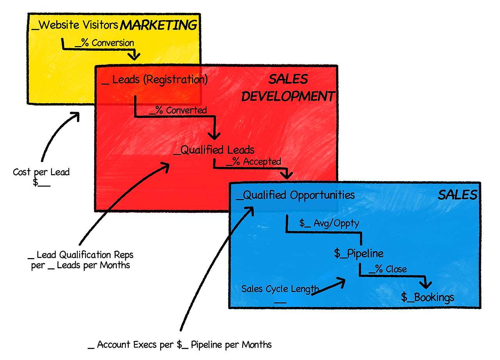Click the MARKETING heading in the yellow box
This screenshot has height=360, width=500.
158,26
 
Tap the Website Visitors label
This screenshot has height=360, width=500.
75,25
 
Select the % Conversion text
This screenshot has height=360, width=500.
104,43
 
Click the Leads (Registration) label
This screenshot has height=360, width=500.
155,80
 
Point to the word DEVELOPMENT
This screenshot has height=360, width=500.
288,96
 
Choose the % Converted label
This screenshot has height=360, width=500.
179,110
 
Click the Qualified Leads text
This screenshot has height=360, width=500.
214,150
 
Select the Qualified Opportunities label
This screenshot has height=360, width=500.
295,195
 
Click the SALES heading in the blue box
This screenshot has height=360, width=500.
457,195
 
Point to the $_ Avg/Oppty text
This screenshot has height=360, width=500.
329,223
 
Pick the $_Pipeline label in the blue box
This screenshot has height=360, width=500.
359,253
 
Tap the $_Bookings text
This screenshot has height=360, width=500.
428,298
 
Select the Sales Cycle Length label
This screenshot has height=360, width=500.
280,289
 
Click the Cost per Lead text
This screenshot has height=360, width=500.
41,172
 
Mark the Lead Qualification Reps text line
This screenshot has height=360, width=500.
81,255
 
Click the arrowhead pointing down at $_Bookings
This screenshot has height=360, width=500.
426,284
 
